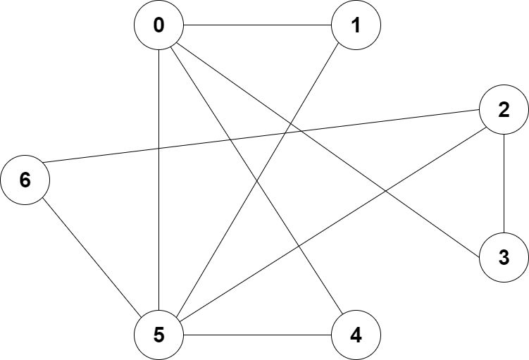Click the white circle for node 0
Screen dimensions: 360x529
pyautogui.click(x=158, y=25)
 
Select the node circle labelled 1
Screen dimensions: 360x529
pyautogui.click(x=356, y=25)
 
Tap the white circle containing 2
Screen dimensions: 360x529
pyautogui.click(x=504, y=110)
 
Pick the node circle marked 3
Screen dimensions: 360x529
pyautogui.click(x=504, y=258)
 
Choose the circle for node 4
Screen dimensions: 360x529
pyautogui.click(x=356, y=335)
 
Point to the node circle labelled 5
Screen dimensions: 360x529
pyautogui.click(x=158, y=335)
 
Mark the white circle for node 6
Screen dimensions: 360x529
pyautogui.click(x=25, y=180)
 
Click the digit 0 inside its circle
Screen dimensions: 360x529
pyautogui.click(x=158, y=25)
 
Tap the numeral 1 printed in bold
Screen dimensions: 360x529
pyautogui.click(x=356, y=25)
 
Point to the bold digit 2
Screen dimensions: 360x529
pyautogui.click(x=504, y=110)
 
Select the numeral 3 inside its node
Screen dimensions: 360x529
pyautogui.click(x=504, y=258)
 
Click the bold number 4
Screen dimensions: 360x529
pyautogui.click(x=356, y=335)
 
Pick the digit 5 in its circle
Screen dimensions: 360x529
pyautogui.click(x=158, y=335)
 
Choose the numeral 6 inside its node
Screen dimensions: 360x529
pyautogui.click(x=25, y=180)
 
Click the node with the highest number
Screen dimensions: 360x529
pyautogui.click(x=25, y=180)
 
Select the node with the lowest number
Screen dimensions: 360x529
pyautogui.click(x=158, y=25)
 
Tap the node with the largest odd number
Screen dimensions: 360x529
pyautogui.click(x=158, y=335)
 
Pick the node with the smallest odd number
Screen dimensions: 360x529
pyautogui.click(x=356, y=25)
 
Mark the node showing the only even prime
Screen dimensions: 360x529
pyautogui.click(x=504, y=110)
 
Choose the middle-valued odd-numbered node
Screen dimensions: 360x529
pyautogui.click(x=504, y=258)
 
